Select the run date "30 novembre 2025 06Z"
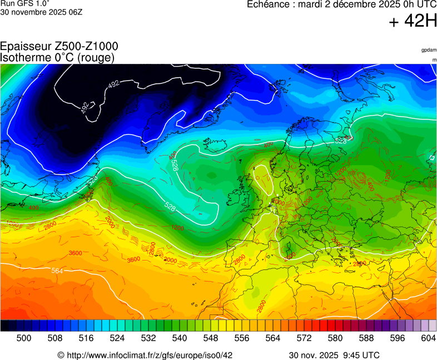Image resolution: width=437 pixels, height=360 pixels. [42, 12]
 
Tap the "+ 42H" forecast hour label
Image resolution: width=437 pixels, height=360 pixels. [413, 22]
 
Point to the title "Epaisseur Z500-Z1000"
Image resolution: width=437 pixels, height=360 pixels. [59, 47]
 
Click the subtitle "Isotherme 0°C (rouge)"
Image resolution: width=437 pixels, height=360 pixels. [57, 57]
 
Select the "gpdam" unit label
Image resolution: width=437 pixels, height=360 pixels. [428, 50]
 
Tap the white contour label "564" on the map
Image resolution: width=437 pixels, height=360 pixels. [57, 271]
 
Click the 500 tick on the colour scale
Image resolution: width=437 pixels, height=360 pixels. [23, 337]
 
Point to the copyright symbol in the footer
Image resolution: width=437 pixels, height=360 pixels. [61, 355]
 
